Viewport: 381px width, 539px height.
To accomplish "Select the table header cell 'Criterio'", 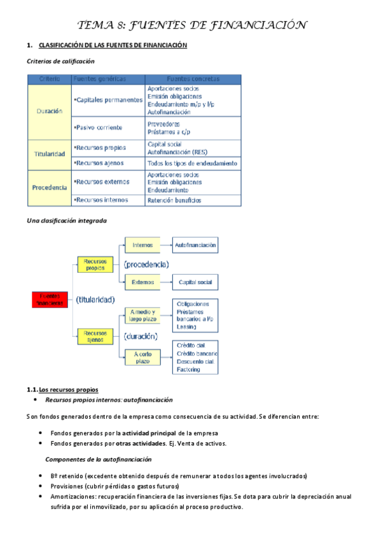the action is pyautogui.click(x=50, y=79).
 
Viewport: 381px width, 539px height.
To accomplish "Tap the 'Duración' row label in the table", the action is pyautogui.click(x=50, y=111).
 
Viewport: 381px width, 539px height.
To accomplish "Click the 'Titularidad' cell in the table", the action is pyautogui.click(x=50, y=154).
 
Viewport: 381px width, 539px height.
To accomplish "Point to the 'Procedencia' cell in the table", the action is pyautogui.click(x=50, y=188).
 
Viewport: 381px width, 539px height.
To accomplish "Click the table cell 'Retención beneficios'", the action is pyautogui.click(x=174, y=200).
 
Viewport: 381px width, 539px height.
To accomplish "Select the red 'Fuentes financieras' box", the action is pyautogui.click(x=51, y=299).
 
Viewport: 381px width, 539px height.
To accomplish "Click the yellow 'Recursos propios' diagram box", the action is pyautogui.click(x=95, y=264).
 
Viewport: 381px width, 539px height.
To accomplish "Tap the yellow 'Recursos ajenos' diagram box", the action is pyautogui.click(x=95, y=336).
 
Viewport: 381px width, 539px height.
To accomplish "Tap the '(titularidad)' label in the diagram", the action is pyautogui.click(x=95, y=299).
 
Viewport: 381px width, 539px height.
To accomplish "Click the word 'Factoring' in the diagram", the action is pyautogui.click(x=189, y=369).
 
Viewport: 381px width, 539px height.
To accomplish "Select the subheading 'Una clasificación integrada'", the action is pyautogui.click(x=67, y=221).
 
